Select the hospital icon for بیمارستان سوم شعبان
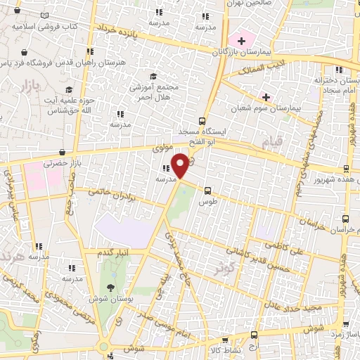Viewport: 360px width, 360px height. (266, 96)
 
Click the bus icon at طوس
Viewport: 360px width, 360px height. (207, 190)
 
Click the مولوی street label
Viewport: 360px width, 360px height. (163, 148)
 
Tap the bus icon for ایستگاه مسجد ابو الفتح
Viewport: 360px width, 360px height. (202, 120)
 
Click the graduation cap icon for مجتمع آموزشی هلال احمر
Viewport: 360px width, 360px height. (153, 77)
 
